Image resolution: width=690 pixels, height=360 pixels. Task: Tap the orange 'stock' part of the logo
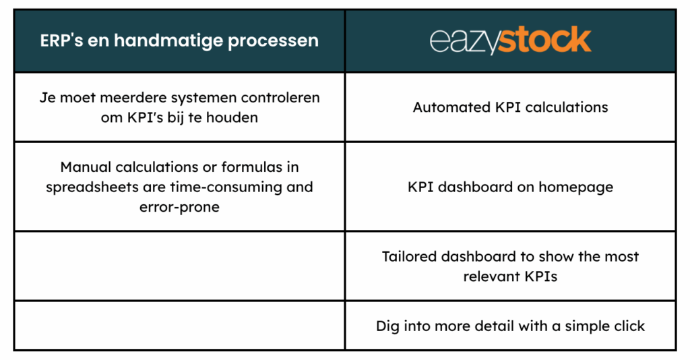tap(544, 40)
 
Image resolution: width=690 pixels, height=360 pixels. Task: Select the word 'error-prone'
tap(179, 207)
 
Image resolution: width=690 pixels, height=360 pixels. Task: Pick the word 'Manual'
tap(86, 167)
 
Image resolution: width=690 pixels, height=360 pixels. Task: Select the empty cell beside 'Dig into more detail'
tap(179, 326)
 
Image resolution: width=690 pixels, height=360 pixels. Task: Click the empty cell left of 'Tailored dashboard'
tap(179, 266)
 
